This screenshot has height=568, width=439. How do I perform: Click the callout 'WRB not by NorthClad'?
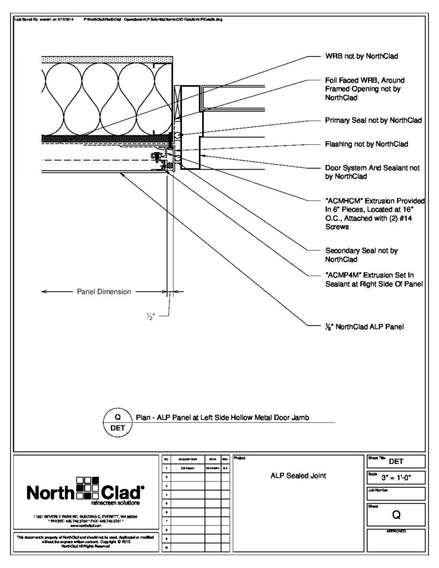[361, 56]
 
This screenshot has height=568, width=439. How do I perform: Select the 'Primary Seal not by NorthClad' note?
[373, 120]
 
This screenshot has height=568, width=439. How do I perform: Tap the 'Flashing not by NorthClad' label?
[366, 144]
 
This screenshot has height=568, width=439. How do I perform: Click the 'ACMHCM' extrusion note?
[375, 213]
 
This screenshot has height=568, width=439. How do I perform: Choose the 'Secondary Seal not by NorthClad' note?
[361, 255]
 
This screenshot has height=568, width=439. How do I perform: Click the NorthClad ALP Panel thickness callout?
[364, 327]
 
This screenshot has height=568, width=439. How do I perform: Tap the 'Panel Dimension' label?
[103, 291]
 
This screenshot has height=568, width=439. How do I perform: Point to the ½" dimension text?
[150, 317]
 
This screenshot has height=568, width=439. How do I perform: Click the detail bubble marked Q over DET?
[117, 422]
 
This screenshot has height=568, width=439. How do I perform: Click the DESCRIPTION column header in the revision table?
[185, 460]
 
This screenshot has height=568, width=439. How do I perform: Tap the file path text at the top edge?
[153, 19]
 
